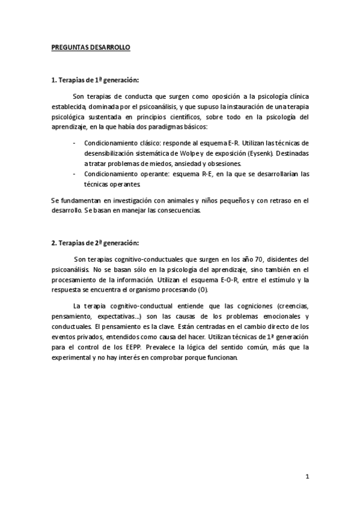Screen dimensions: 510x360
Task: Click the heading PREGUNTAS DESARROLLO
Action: click(90, 47)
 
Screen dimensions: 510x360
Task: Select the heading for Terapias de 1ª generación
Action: click(95, 80)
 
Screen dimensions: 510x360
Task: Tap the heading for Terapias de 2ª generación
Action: click(95, 243)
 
